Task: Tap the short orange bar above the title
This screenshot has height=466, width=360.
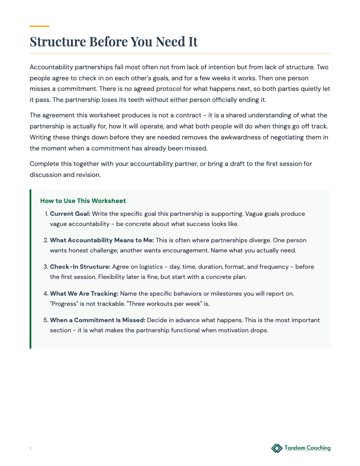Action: (x=39, y=26)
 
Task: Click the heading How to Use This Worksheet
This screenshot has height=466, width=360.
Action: (x=83, y=201)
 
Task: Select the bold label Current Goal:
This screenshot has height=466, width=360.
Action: (x=70, y=214)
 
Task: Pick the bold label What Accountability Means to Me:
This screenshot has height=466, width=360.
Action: (x=102, y=241)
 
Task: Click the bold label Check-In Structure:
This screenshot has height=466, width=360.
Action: (x=80, y=267)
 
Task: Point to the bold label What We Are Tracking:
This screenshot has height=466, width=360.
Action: (x=84, y=293)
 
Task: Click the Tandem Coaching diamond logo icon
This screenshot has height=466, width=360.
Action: (x=277, y=448)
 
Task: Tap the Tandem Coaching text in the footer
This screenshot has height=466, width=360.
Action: (x=307, y=448)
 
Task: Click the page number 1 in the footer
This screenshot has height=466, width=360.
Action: (x=30, y=449)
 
